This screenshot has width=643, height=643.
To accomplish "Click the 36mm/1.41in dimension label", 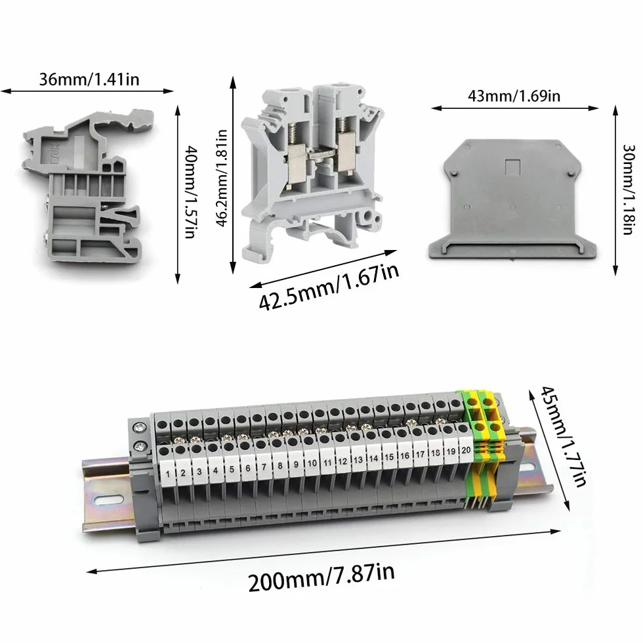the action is click(89, 79).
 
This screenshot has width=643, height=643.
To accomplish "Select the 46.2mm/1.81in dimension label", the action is click(222, 178).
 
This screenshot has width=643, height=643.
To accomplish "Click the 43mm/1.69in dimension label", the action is click(514, 96).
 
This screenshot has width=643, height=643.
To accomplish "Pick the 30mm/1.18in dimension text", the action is click(629, 189).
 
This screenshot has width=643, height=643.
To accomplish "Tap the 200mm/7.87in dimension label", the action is click(321, 577).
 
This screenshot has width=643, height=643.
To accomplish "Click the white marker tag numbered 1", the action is click(168, 473).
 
